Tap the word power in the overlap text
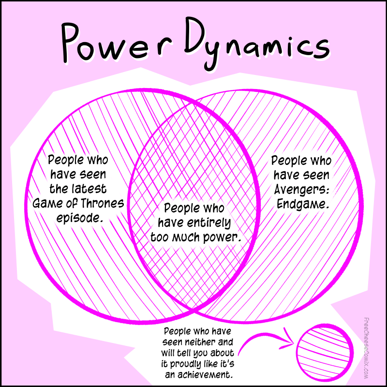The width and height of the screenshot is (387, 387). coord(223,238)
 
